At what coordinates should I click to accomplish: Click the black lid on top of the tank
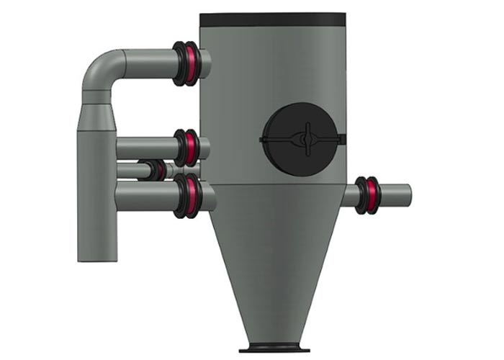pyautogui.click(x=272, y=19)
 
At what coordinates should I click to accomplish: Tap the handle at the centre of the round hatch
pyautogui.click(x=306, y=136)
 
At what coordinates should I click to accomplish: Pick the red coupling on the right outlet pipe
pyautogui.click(x=369, y=194)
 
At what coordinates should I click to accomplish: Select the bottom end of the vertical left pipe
pyautogui.click(x=97, y=256)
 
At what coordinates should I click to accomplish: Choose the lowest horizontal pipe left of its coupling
pyautogui.click(x=144, y=195)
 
